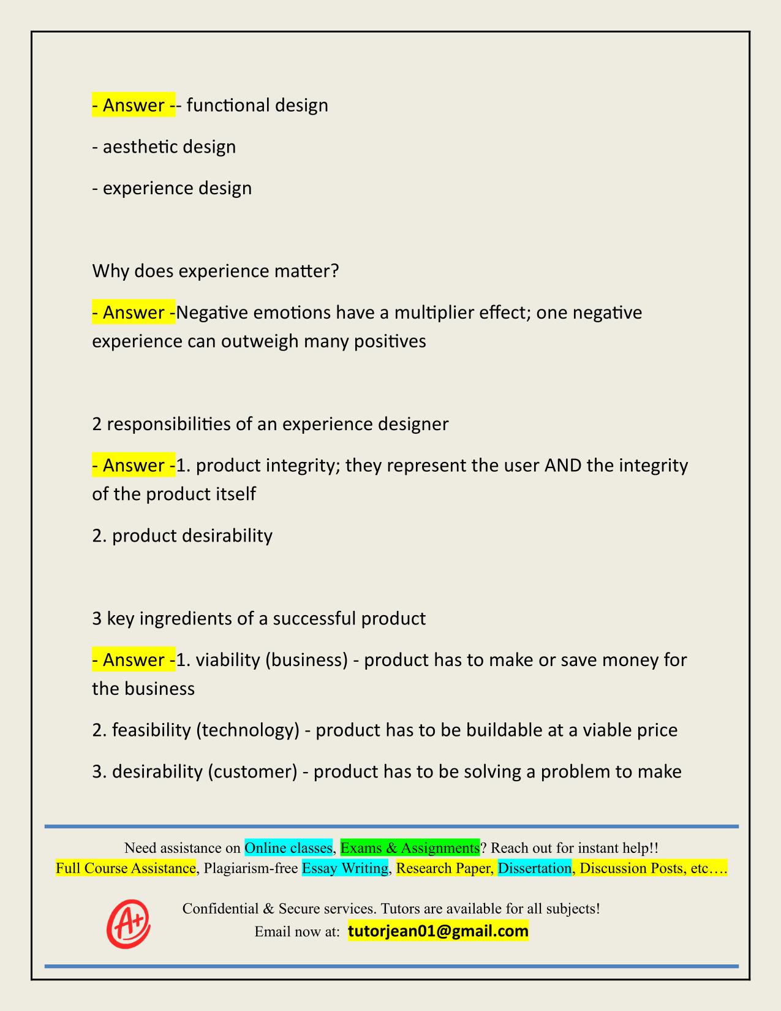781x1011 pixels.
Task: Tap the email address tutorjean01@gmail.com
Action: click(438, 931)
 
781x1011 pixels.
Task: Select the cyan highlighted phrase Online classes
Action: click(289, 847)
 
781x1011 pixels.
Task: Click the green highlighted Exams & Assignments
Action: click(410, 847)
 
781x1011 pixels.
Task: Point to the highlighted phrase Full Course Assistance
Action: click(126, 868)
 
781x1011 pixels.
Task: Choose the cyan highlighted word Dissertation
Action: click(534, 868)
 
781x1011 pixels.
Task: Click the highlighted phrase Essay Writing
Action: click(345, 868)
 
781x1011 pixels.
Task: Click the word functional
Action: click(228, 105)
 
